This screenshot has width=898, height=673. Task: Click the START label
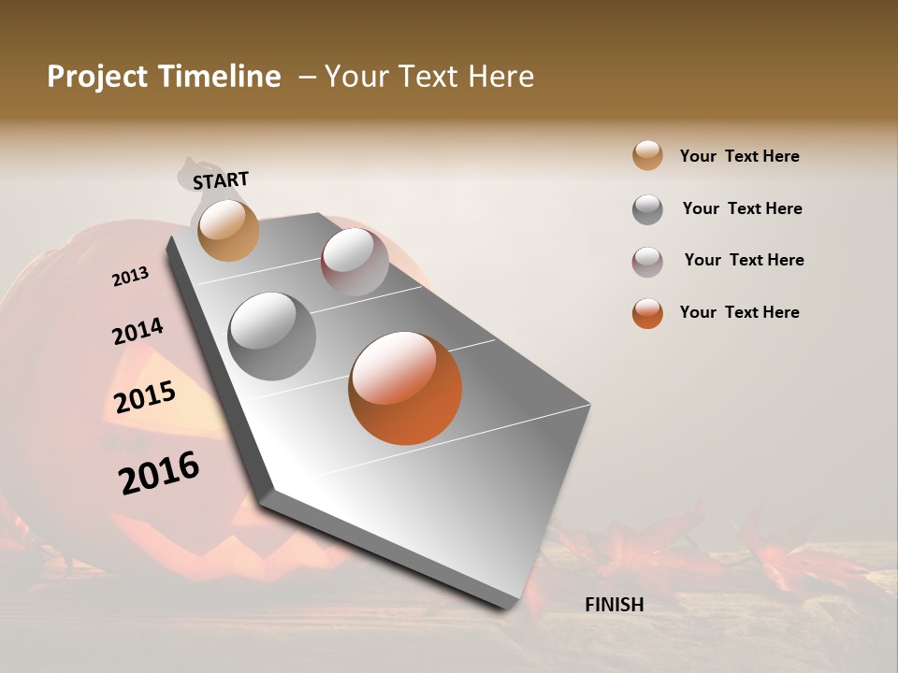(221, 179)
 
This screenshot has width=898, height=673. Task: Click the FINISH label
(614, 605)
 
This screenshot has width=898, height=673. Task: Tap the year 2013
(130, 277)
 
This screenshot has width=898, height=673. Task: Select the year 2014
(138, 332)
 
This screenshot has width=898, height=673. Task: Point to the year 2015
(145, 397)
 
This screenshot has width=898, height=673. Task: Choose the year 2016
(159, 472)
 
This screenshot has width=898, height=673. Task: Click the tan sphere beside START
(228, 230)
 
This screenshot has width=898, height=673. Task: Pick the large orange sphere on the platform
(405, 388)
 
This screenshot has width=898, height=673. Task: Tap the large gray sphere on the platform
(271, 336)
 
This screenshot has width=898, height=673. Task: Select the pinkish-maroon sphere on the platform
(355, 262)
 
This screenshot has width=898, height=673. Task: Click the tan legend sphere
(647, 155)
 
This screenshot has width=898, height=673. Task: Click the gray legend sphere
(647, 209)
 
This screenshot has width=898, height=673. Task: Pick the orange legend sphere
(647, 313)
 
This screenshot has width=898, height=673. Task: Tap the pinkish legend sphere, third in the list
(647, 262)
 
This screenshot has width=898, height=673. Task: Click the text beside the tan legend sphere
(739, 156)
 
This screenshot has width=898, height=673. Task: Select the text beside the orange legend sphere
(739, 312)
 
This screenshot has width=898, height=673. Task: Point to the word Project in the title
(96, 77)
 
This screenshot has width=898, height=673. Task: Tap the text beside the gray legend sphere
(742, 208)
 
